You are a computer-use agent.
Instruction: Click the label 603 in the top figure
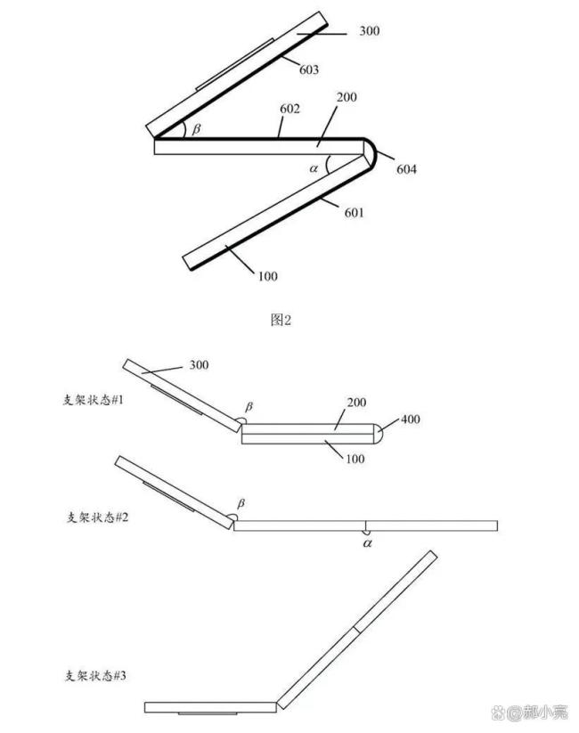point(309,69)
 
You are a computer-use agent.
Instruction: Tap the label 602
point(289,109)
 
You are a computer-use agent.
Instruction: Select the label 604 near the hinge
point(406,169)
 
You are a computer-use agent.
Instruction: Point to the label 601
point(353,212)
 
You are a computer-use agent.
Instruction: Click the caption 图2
point(281,320)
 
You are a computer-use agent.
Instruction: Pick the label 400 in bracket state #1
point(411,419)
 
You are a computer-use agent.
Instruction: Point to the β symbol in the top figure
point(197,129)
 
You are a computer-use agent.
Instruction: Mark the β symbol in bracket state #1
point(249,406)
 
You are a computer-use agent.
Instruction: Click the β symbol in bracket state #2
point(237,505)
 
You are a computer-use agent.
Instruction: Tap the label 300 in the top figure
point(370,31)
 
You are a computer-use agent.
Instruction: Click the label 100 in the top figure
point(267,276)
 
